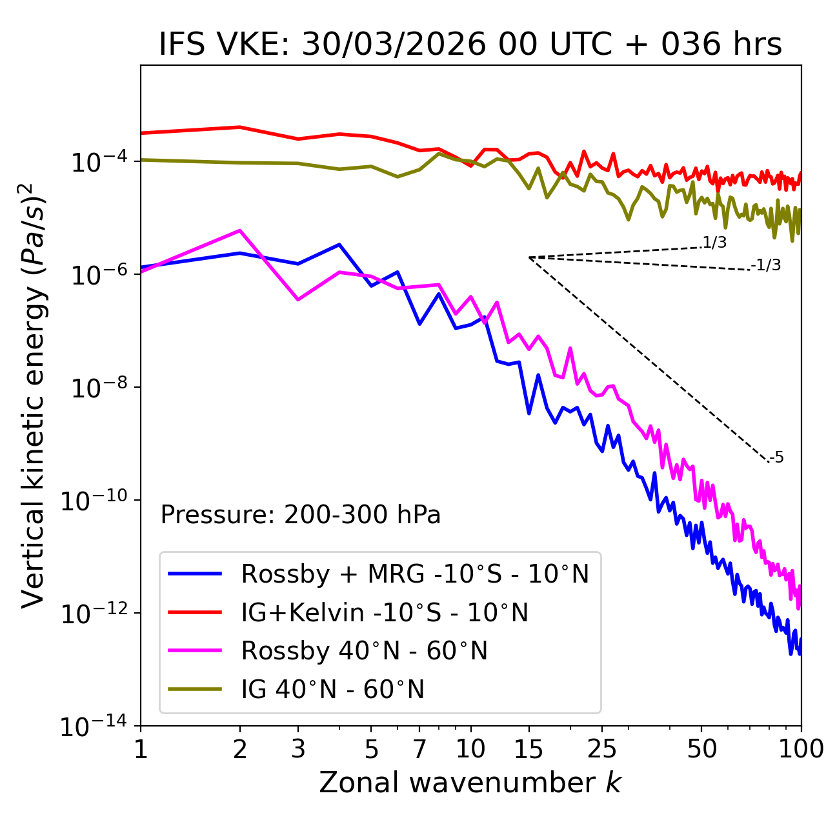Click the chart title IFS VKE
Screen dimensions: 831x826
click(x=470, y=45)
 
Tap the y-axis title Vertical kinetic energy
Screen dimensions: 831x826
click(x=34, y=395)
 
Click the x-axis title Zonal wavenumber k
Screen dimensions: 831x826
click(x=470, y=782)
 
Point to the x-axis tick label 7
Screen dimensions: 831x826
click(x=419, y=748)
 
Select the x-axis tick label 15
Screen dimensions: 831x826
click(x=529, y=748)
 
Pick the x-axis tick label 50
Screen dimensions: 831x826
click(x=701, y=748)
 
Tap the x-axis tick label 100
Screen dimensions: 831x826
click(x=801, y=748)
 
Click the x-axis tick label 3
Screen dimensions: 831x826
click(x=297, y=748)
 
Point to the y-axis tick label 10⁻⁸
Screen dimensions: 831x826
click(x=97, y=388)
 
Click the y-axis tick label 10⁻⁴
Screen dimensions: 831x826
click(x=97, y=163)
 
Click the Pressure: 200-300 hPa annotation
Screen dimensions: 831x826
click(x=300, y=515)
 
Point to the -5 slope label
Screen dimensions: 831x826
click(x=777, y=458)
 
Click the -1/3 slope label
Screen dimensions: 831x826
click(x=767, y=265)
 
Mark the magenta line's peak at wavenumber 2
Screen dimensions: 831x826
click(x=240, y=230)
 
